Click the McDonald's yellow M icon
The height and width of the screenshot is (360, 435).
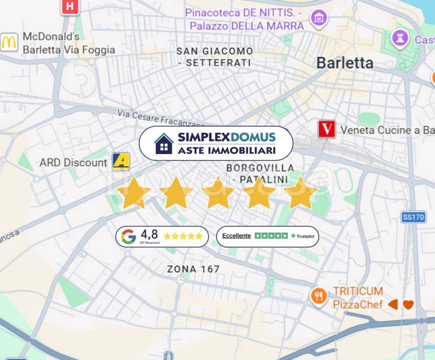click(9, 43)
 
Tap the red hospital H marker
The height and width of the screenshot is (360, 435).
click(70, 6)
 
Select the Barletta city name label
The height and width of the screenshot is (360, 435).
click(345, 63)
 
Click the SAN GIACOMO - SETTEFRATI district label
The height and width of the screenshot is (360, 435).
click(214, 57)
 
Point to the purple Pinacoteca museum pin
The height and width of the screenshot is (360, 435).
click(319, 18)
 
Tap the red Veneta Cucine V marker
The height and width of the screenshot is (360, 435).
click(327, 129)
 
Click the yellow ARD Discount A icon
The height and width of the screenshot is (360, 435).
click(121, 162)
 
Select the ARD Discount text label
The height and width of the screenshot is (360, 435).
click(73, 163)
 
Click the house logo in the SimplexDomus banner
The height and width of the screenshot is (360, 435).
click(164, 143)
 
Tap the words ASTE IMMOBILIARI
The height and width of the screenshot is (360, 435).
click(227, 150)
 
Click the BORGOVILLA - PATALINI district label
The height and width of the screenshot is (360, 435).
click(260, 173)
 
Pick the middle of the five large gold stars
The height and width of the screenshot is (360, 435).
click(218, 193)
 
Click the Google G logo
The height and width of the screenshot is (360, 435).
click(129, 237)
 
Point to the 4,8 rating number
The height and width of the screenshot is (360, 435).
click(149, 234)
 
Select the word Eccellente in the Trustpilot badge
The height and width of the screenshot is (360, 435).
click(237, 236)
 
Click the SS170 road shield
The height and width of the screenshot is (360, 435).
click(413, 217)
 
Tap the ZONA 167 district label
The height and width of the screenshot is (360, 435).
click(193, 269)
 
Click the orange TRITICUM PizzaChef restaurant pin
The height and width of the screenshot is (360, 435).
click(319, 296)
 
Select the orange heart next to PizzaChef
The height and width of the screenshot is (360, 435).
click(408, 305)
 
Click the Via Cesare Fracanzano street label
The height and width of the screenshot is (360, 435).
click(161, 119)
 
